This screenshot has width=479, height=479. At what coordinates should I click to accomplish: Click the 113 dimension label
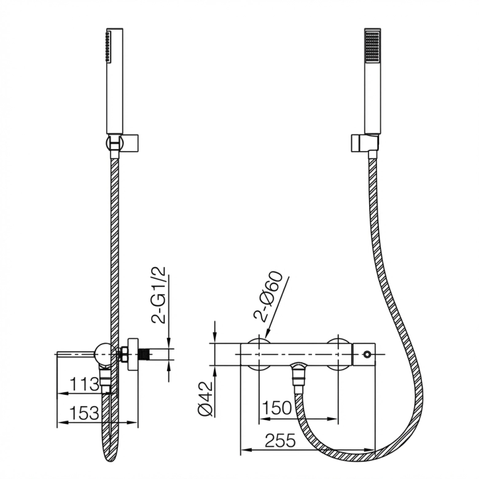tap(85, 384)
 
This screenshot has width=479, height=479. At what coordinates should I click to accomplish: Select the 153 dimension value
tap(84, 413)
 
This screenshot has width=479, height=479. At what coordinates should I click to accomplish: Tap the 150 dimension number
tap(277, 408)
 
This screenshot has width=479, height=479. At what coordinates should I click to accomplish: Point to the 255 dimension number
tap(280, 440)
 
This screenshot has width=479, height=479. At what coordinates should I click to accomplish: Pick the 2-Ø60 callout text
tap(268, 297)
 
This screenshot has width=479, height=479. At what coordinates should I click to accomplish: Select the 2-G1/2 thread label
tap(158, 295)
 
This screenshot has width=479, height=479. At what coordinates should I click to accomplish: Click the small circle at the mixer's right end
tap(367, 354)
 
